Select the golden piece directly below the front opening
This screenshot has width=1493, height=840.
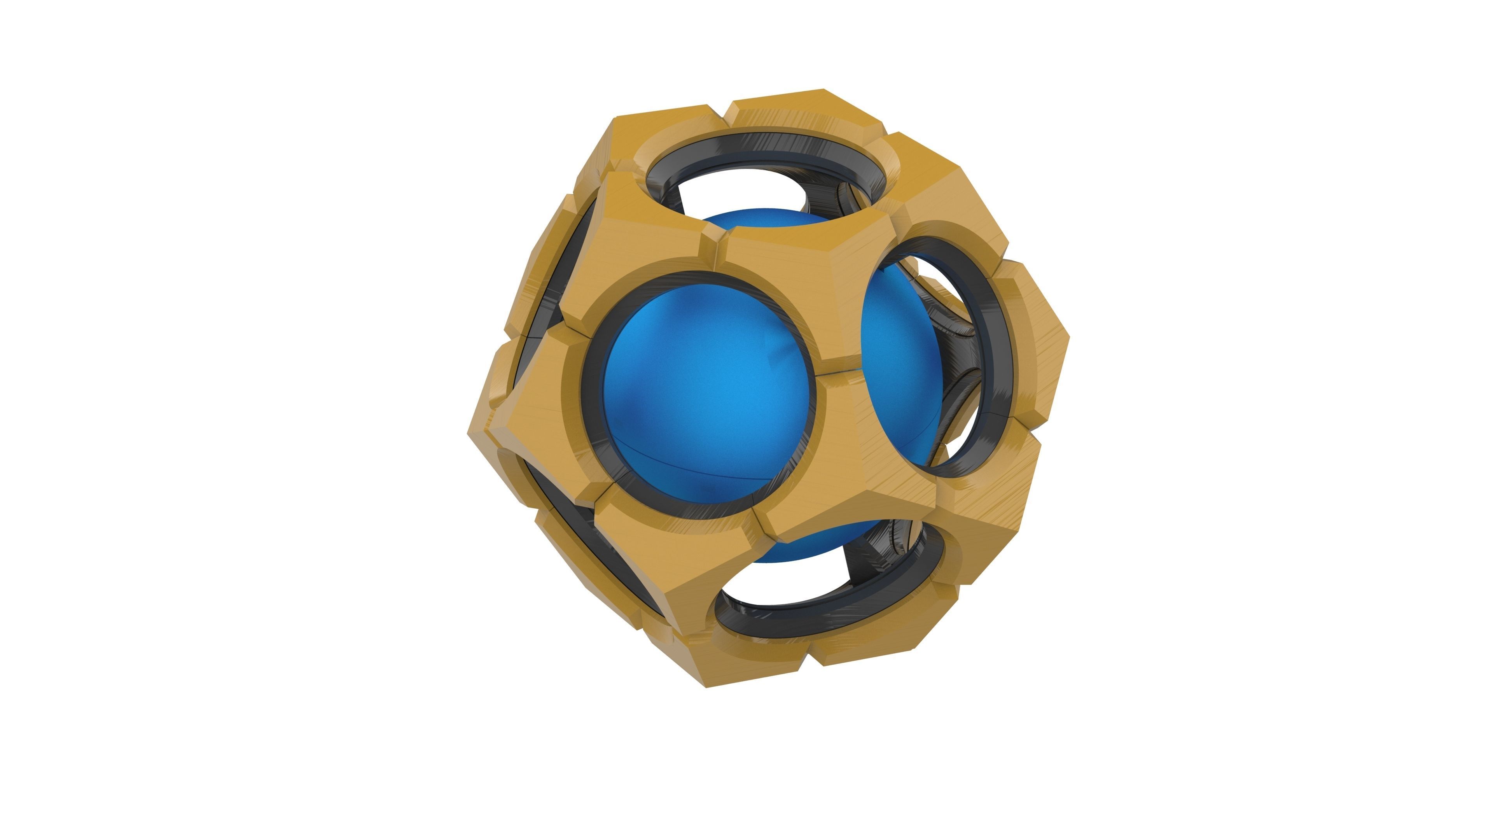[666, 556]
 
